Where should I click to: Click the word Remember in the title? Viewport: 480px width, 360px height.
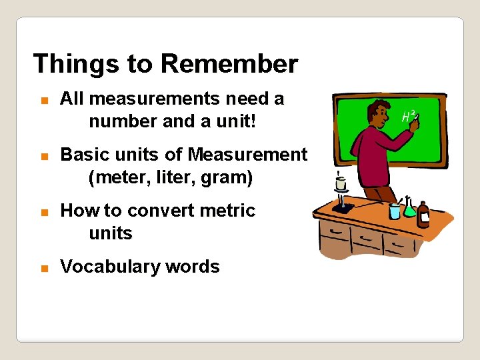pos(229,64)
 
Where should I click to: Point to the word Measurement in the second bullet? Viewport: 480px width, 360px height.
pos(247,155)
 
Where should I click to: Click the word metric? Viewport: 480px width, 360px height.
pos(231,211)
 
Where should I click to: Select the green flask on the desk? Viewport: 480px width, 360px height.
pos(409,209)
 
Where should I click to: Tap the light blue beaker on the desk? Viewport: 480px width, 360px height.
pos(394,211)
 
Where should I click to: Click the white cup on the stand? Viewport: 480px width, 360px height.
pos(341,183)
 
